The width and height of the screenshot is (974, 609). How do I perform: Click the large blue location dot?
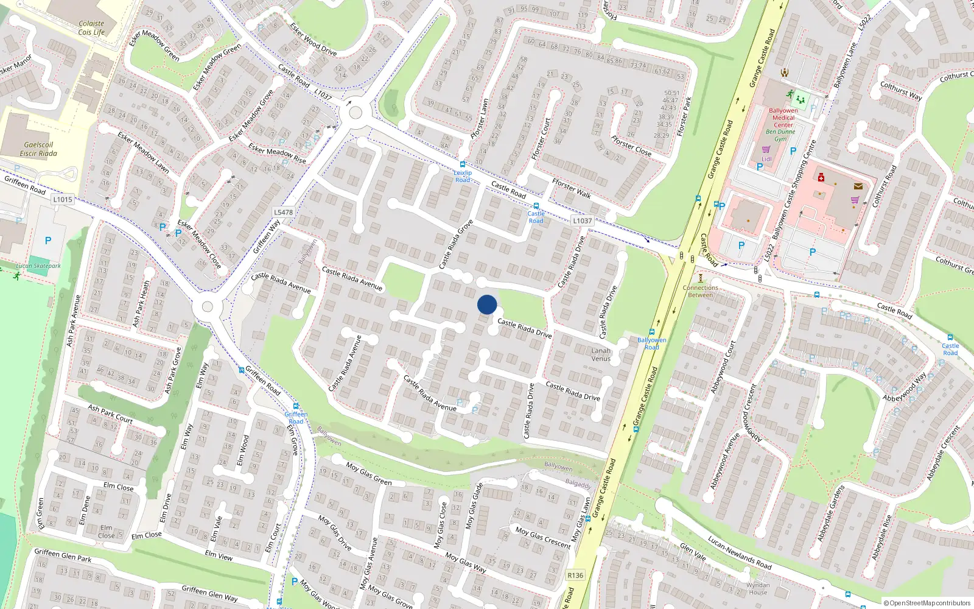(487, 304)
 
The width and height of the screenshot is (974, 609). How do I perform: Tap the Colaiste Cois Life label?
(91, 28)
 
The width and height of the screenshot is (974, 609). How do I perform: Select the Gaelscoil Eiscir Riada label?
(38, 149)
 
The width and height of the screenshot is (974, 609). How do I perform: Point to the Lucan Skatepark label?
(38, 266)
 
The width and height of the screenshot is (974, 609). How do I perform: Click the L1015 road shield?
(63, 199)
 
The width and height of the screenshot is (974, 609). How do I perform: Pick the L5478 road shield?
(283, 213)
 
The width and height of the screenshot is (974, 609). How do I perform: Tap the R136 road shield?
(575, 575)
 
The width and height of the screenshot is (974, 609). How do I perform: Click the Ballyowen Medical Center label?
(783, 118)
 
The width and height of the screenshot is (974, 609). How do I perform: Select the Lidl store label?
(766, 159)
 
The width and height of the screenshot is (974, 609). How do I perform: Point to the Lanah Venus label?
(601, 354)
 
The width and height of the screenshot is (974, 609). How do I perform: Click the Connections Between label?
(700, 291)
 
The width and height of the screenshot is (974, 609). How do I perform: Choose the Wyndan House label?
(758, 588)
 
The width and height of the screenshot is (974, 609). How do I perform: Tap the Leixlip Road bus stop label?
(463, 176)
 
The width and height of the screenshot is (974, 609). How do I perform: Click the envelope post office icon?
(858, 186)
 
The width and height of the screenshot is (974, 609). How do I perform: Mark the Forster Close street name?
(631, 146)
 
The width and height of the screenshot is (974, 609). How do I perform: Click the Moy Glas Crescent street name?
(543, 537)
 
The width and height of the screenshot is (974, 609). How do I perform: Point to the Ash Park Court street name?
(110, 414)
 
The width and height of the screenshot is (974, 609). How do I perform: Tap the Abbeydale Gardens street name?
(831, 513)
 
